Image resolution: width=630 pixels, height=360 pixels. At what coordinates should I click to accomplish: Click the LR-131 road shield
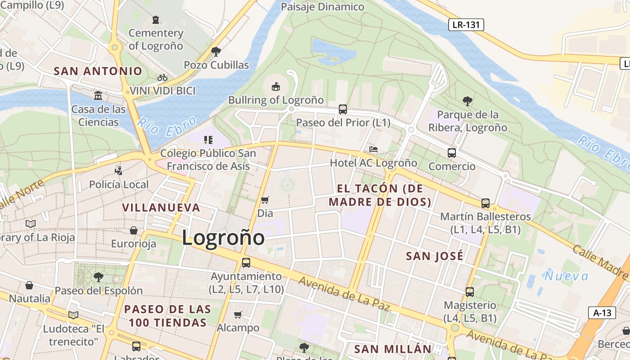[x=466, y=25]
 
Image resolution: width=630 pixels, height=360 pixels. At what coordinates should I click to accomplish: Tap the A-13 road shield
[x=602, y=312]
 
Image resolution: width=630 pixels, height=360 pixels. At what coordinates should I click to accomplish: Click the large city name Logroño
[x=223, y=238]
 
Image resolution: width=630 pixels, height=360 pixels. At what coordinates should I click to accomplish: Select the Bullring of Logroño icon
[x=276, y=86]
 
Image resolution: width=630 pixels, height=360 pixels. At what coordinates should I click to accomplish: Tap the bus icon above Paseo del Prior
[x=343, y=109]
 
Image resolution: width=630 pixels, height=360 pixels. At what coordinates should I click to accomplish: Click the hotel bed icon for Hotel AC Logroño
[x=373, y=149]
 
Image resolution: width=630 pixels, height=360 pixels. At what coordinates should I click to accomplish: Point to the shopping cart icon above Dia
[x=265, y=199]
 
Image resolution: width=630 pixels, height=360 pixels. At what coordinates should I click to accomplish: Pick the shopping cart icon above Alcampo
[x=238, y=315]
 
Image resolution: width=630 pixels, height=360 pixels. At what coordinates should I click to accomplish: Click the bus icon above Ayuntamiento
[x=246, y=262]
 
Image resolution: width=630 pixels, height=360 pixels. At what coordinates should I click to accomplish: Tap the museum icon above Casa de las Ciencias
[x=98, y=96]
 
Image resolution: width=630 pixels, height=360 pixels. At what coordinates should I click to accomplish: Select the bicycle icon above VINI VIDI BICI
[x=162, y=77]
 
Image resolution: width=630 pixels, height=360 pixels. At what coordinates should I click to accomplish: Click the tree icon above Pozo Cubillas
[x=216, y=51]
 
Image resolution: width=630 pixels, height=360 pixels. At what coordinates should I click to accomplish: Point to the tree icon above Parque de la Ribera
[x=468, y=101]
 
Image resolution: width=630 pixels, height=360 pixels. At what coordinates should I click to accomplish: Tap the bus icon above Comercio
[x=452, y=153]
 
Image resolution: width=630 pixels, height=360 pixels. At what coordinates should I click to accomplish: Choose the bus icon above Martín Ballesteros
[x=485, y=203]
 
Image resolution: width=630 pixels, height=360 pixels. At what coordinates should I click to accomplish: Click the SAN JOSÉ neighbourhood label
[x=434, y=256]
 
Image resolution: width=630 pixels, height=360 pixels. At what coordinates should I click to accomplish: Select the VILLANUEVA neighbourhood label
[x=161, y=207]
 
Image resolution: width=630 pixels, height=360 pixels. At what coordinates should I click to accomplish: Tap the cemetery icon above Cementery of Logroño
[x=156, y=20]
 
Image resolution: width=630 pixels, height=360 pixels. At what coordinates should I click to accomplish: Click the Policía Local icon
[x=119, y=171]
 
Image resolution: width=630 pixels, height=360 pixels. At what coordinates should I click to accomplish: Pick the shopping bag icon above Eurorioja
[x=134, y=230]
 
